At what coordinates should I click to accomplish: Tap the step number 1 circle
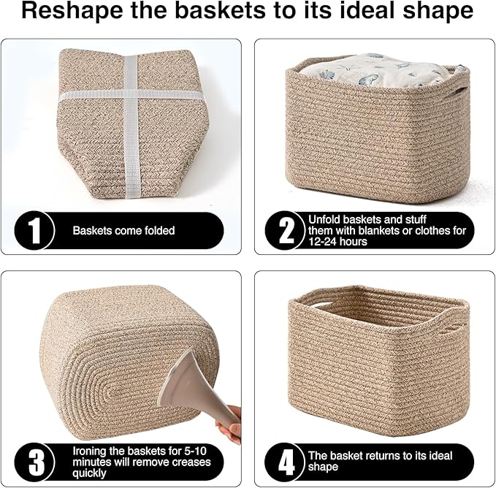(33, 230)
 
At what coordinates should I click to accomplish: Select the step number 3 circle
(33, 462)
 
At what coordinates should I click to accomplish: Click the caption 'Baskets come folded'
(123, 231)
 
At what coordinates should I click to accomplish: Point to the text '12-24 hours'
(338, 241)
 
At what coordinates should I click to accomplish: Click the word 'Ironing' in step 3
(88, 451)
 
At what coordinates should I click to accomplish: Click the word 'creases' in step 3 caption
(191, 462)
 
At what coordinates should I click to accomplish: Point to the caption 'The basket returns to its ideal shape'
(380, 462)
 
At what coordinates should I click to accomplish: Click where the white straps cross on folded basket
(131, 95)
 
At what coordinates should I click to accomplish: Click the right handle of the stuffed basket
(459, 92)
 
